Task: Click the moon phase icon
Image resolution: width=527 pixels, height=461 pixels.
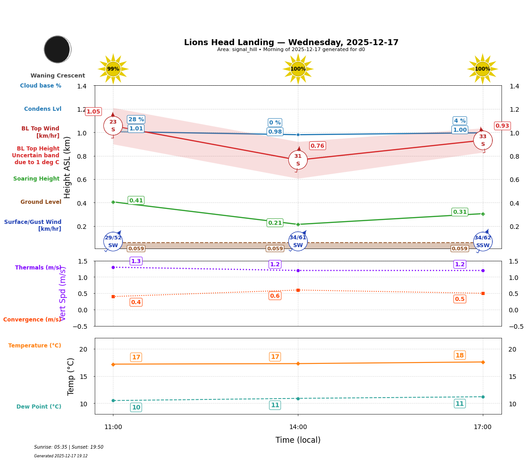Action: pyautogui.click(x=57, y=49)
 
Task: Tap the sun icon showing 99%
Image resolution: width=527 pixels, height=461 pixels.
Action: pyautogui.click(x=113, y=69)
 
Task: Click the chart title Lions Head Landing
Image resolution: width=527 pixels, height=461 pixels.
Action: pyautogui.click(x=291, y=42)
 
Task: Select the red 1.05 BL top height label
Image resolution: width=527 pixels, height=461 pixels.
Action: pyautogui.click(x=93, y=112)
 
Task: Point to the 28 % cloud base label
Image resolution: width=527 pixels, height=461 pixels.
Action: pyautogui.click(x=136, y=119)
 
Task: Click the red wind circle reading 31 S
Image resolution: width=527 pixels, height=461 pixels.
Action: pyautogui.click(x=298, y=160)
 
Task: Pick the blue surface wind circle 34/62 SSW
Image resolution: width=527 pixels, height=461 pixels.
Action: pyautogui.click(x=483, y=242)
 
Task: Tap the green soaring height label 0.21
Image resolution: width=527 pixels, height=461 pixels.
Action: pyautogui.click(x=275, y=223)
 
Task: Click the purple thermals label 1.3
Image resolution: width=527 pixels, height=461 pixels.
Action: pyautogui.click(x=136, y=261)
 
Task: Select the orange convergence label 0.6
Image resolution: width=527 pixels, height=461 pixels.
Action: pyautogui.click(x=275, y=296)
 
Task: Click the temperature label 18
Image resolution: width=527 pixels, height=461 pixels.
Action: pyautogui.click(x=460, y=355)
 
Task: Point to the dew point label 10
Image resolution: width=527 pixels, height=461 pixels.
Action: pyautogui.click(x=136, y=407)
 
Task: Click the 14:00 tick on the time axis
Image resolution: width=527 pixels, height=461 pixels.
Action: pyautogui.click(x=298, y=427)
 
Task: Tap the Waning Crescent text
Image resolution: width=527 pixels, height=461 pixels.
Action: pyautogui.click(x=58, y=76)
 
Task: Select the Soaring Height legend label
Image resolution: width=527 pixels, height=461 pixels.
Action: pyautogui.click(x=36, y=179)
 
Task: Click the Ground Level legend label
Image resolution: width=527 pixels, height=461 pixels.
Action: pyautogui.click(x=41, y=202)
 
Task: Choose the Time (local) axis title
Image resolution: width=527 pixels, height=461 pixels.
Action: pyautogui.click(x=298, y=440)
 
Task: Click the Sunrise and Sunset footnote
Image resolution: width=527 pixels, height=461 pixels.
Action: pyautogui.click(x=69, y=447)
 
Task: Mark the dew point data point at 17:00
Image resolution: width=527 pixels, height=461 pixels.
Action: pyautogui.click(x=483, y=397)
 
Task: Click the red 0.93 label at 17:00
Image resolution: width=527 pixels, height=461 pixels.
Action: pyautogui.click(x=502, y=126)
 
